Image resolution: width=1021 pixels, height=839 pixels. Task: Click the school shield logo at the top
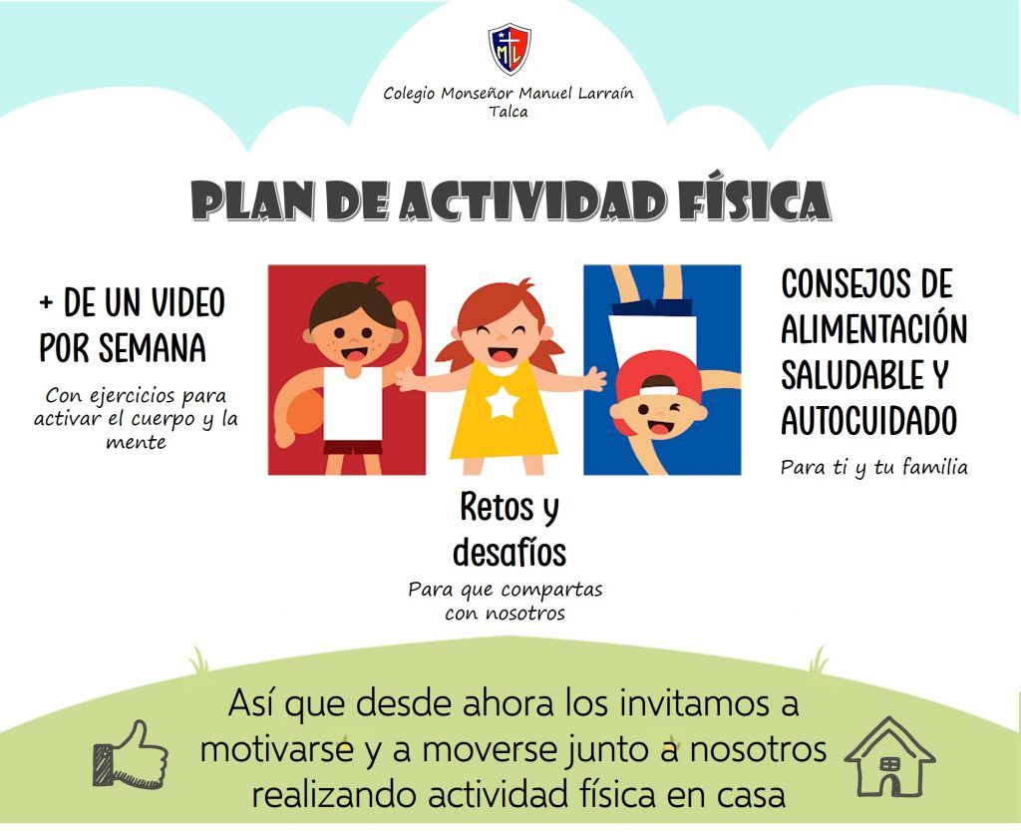click(510, 49)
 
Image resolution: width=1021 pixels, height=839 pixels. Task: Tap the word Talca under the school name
click(509, 112)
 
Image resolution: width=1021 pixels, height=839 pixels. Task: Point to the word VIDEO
click(188, 302)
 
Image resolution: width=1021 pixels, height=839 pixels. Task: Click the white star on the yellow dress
click(503, 402)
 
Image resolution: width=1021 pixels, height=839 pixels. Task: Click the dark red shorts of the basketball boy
click(353, 447)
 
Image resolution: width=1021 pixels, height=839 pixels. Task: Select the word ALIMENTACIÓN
click(873, 329)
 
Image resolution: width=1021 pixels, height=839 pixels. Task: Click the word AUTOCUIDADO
click(868, 420)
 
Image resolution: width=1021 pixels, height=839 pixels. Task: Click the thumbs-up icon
click(131, 754)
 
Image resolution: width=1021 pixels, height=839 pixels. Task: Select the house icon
click(889, 756)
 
